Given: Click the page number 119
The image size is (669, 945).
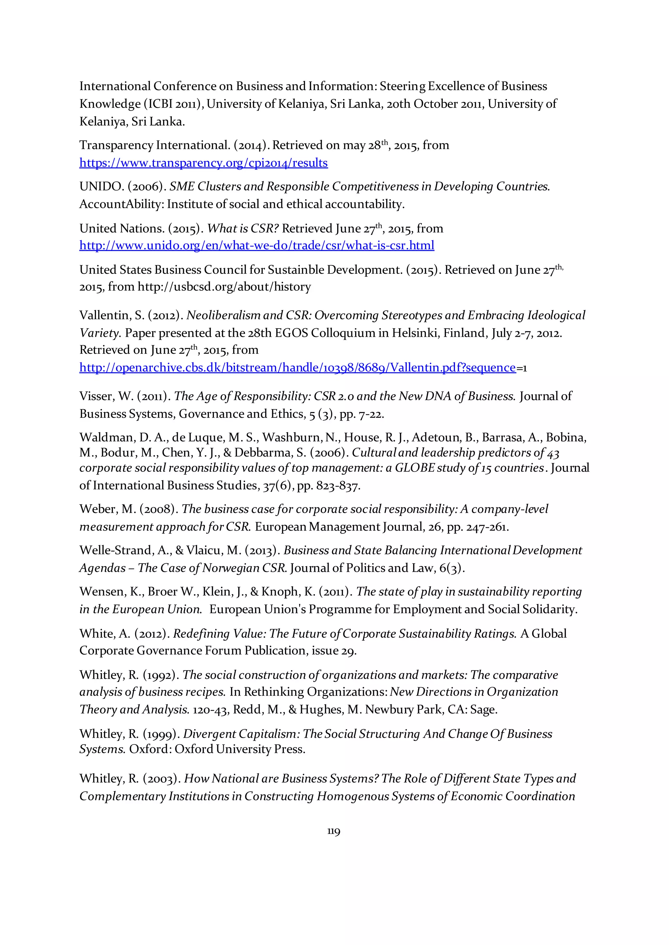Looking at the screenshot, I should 334,831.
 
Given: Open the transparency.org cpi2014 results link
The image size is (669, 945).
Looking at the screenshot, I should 204,163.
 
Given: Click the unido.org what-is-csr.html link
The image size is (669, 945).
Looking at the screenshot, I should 257,246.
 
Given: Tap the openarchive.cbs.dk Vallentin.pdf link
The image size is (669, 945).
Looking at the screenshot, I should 298,367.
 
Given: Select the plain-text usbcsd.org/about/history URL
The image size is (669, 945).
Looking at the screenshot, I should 224,287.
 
